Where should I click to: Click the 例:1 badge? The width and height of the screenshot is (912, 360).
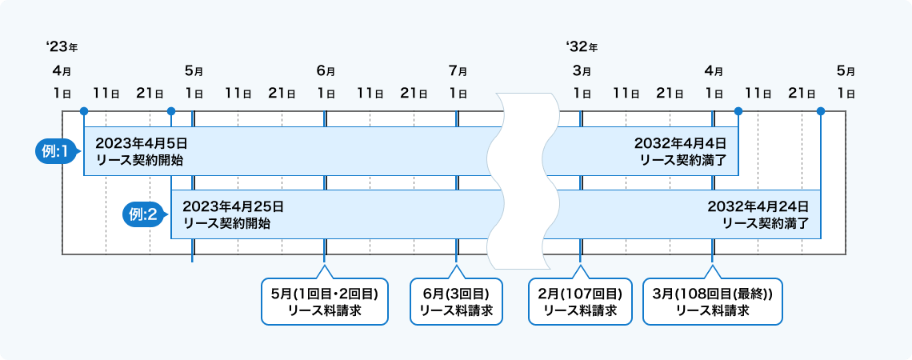coord(57,150)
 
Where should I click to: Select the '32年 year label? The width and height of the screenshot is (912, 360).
coord(581,46)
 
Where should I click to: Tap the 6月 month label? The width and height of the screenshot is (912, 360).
coord(326,71)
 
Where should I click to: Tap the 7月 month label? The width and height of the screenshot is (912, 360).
coord(458,71)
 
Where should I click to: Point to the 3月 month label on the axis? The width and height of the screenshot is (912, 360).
coord(582,71)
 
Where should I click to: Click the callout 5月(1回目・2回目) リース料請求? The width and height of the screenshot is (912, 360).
coord(324,301)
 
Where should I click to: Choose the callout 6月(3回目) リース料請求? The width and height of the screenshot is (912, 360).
coord(456,301)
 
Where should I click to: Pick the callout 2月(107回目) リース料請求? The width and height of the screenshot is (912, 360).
coord(580,301)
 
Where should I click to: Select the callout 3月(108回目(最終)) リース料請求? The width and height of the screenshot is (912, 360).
coord(712,301)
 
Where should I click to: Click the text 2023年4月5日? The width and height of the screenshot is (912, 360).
coord(141,143)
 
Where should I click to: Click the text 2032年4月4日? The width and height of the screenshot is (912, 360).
coord(680,143)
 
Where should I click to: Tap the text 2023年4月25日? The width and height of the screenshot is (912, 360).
coord(233,206)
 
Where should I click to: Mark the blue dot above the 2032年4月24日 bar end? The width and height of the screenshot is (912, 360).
coord(821,111)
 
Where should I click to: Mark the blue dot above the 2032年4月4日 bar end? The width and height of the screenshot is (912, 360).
coord(738,111)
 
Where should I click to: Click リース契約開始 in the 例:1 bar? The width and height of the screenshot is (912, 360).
coord(138,159)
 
